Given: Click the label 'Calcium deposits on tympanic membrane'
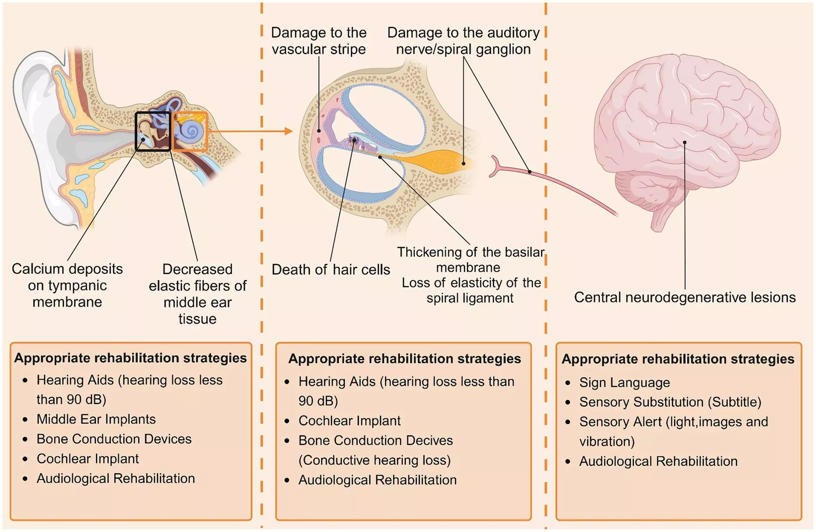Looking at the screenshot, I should [67, 285].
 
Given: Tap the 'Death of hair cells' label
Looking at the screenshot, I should [331, 269].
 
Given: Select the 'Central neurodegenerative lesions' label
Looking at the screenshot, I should [685, 297].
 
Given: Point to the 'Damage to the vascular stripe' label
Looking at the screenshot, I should [319, 41].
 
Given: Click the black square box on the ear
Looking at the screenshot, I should [153, 131].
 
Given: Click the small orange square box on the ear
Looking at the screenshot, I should [190, 131].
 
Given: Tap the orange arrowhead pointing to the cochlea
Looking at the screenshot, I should [288, 131].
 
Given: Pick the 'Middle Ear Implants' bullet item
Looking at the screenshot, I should [96, 419].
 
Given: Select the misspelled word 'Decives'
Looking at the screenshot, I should [430, 441].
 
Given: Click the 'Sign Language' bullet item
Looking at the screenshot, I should [624, 382].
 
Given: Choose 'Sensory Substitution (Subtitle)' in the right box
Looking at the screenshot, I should [670, 402].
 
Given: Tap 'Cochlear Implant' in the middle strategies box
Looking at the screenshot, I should [350, 421].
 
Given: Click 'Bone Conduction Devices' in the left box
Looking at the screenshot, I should [114, 439].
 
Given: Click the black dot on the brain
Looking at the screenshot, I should [685, 142].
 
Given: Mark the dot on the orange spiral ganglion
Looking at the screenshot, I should [463, 163].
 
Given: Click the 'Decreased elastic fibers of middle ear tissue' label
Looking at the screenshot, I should [197, 294].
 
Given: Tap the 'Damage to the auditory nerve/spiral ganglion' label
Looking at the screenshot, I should [463, 41].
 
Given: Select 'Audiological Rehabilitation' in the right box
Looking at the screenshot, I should [658, 461].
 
